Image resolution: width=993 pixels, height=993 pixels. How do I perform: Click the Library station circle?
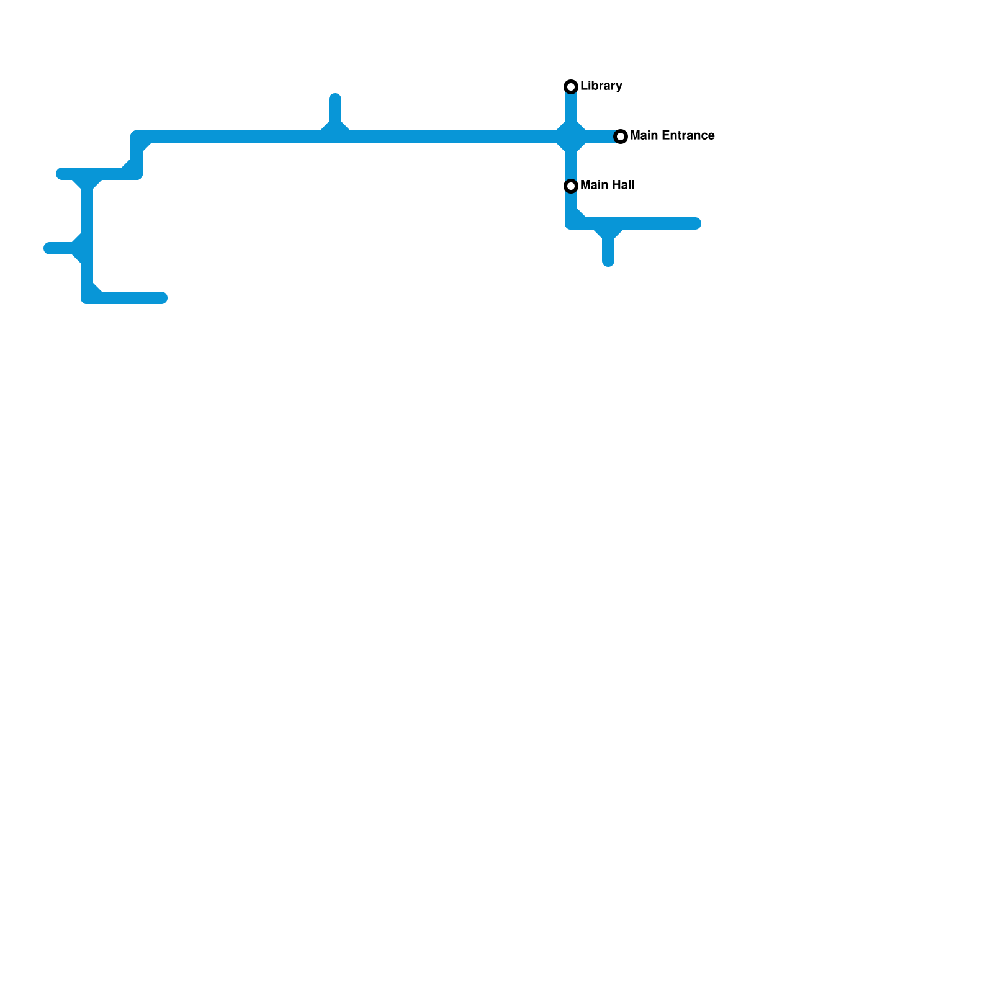coord(571,87)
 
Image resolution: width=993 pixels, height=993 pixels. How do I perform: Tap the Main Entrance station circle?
coord(621,137)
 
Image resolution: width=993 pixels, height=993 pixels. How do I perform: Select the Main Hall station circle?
coord(571,186)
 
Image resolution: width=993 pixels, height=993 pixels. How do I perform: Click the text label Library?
coord(601,86)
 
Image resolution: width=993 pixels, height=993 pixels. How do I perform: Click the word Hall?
coord(622,186)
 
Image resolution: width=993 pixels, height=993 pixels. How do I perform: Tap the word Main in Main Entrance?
coord(645,136)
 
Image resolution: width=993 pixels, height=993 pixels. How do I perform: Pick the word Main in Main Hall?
coord(595,186)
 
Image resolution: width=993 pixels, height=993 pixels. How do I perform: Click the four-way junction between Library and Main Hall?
coord(571,137)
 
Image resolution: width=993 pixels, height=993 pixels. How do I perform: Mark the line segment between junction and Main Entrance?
coord(597,137)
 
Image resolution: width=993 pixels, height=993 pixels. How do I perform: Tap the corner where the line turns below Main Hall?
coord(571,223)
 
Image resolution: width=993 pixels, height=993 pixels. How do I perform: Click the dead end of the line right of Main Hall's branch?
coord(696,223)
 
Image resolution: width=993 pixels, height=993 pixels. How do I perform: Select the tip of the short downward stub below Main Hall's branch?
coord(608,261)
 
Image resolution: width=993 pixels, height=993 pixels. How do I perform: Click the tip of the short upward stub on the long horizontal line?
coord(335,99)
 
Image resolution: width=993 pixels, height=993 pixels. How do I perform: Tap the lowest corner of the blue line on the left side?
coord(87,299)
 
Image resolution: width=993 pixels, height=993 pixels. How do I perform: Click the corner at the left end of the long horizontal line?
coord(137,137)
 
